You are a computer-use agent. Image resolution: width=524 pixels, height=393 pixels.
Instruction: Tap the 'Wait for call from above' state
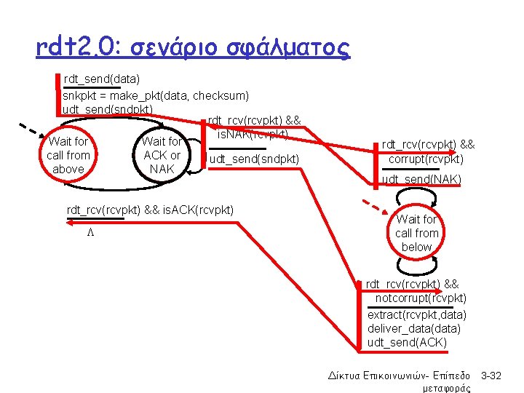point(68,155)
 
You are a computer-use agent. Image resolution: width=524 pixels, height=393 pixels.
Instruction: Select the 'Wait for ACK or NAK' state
point(162,155)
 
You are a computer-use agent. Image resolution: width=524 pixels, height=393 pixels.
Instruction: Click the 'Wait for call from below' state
point(416,233)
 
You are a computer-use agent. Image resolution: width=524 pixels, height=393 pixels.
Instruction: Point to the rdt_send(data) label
point(102,78)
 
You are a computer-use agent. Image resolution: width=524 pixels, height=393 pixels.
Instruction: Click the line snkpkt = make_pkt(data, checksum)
point(156,95)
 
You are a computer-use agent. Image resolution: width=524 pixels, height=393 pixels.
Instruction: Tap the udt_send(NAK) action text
point(421,179)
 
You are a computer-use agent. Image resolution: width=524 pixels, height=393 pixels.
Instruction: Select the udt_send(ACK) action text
point(407,342)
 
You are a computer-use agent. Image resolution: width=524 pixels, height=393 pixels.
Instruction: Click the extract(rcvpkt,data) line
point(417,314)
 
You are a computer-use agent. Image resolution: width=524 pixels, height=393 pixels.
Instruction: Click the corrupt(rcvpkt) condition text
point(426,159)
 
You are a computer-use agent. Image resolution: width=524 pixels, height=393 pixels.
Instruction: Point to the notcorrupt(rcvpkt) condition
point(421,298)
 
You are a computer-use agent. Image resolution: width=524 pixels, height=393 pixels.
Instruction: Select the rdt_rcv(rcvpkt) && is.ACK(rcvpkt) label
point(151,210)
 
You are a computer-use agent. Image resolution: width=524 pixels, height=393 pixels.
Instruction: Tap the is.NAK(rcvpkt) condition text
point(253,134)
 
